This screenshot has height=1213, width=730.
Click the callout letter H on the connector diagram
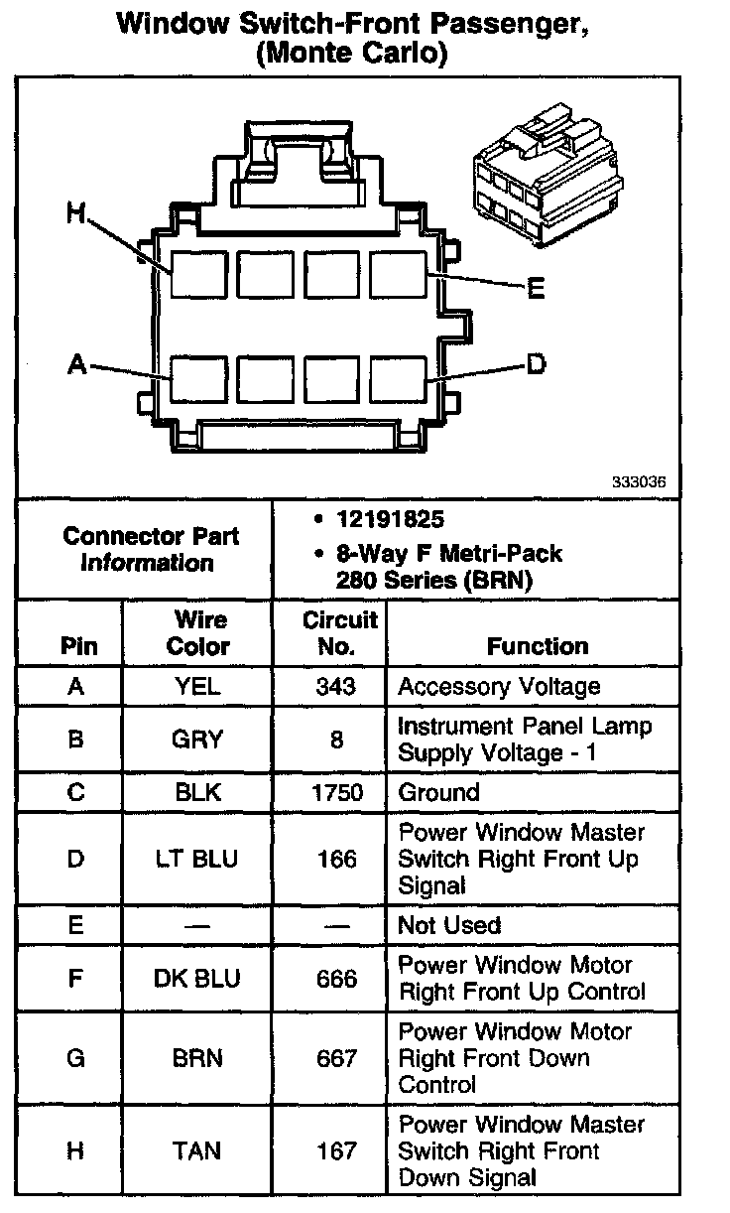tap(75, 213)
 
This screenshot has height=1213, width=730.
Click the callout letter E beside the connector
tap(535, 289)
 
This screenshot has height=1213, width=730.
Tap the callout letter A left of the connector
tap(75, 365)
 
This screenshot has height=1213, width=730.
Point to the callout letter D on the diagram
tap(536, 365)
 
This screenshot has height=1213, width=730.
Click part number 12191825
tap(389, 520)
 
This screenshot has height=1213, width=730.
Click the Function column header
tap(538, 646)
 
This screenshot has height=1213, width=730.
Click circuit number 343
tap(337, 686)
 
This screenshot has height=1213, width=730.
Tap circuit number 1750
tap(337, 792)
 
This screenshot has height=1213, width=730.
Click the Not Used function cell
tap(449, 925)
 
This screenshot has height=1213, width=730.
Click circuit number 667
tap(337, 1058)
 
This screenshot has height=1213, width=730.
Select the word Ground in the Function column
tap(438, 792)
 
